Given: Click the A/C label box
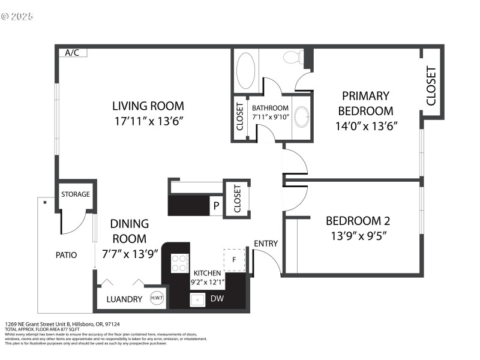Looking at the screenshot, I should tap(73, 53).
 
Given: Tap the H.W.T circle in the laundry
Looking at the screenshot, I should tap(158, 298).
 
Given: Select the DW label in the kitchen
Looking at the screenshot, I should tap(217, 298).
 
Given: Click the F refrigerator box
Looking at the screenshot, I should tap(235, 260).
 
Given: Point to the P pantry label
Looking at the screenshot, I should tap(215, 206).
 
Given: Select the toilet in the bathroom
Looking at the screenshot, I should tap(292, 58).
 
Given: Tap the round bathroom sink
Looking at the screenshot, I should tap(302, 116).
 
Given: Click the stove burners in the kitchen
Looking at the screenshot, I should tap(179, 262).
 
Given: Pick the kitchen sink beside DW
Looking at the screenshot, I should tap(198, 299).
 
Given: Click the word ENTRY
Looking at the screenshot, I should tap(266, 243).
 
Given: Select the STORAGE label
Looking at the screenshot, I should tap(76, 194).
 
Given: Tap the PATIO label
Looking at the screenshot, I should tap(66, 254).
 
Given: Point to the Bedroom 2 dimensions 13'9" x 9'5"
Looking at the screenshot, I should tap(355, 235).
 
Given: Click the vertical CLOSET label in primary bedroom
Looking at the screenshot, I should tap(431, 86).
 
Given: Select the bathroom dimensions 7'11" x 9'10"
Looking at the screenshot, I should tap(271, 116).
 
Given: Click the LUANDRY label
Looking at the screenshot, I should tap(124, 299).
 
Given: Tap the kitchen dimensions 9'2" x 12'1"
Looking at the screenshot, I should tap(207, 281).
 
